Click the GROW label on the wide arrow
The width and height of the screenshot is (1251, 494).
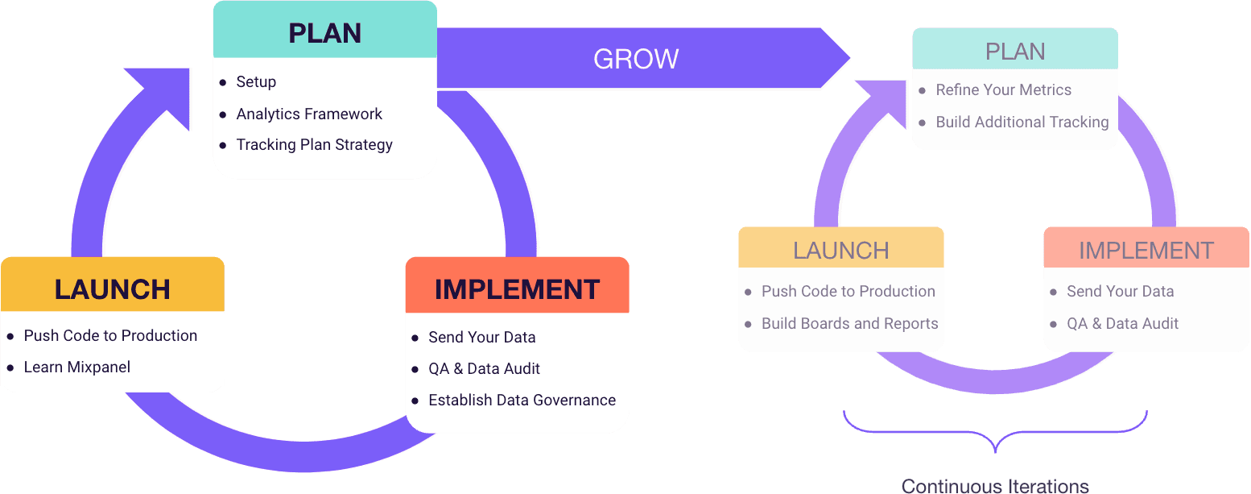636,59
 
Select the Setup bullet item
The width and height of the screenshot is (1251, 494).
256,82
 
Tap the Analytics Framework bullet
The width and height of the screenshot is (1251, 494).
309,114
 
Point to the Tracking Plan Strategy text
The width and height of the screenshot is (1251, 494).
314,145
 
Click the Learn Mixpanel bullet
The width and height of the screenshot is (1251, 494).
77,367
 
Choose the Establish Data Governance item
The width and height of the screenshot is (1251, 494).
522,401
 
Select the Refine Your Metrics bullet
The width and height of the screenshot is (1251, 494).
1003,90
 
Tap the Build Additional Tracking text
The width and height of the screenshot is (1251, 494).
1022,122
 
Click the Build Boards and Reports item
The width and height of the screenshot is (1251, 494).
849,324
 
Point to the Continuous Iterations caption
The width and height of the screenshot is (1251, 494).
995,486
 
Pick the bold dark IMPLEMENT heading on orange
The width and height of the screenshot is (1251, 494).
517,289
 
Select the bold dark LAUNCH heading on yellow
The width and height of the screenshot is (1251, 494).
113,289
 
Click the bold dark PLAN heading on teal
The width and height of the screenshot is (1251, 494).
324,34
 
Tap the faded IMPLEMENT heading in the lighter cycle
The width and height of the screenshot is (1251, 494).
1146,251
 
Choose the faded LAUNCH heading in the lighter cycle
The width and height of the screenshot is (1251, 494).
840,251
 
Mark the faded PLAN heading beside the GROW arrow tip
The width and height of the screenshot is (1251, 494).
1015,52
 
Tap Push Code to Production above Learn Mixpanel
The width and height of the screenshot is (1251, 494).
110,336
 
